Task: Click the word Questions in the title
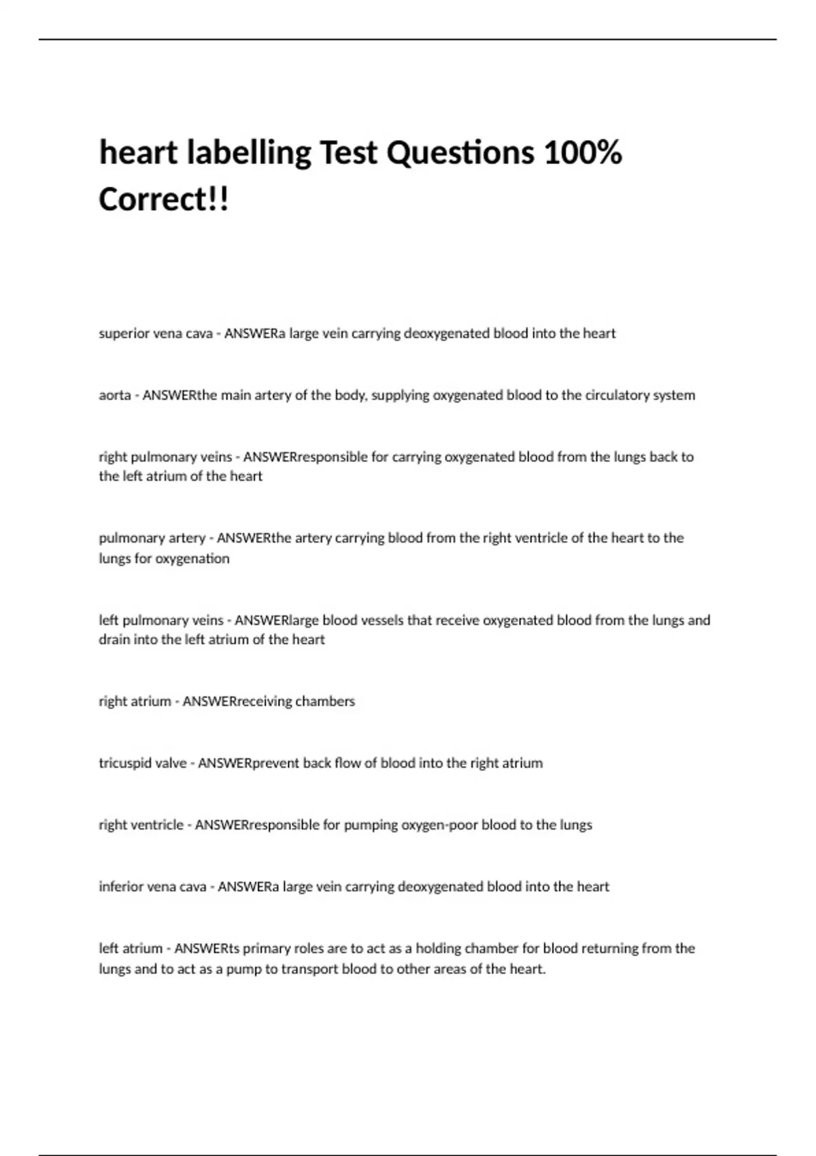[x=460, y=152]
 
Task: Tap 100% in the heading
[x=583, y=152]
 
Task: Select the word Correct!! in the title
[x=164, y=199]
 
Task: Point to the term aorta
[x=115, y=395]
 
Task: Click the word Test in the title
[x=348, y=152]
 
